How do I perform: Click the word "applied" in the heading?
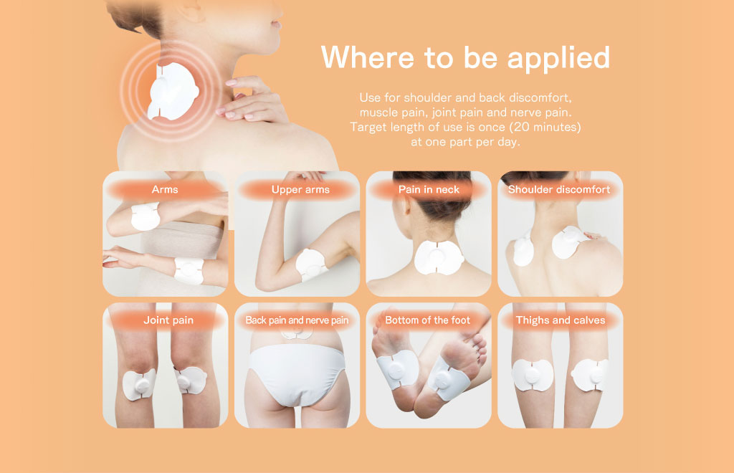pyautogui.click(x=558, y=59)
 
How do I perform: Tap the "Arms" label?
pyautogui.click(x=165, y=189)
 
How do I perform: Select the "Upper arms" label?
pyautogui.click(x=300, y=189)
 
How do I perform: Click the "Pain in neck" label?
pyautogui.click(x=429, y=189)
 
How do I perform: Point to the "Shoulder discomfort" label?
pyautogui.click(x=559, y=189)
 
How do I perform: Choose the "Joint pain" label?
pyautogui.click(x=168, y=320)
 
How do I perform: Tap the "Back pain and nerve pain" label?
pyautogui.click(x=297, y=320)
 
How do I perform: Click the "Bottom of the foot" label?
pyautogui.click(x=427, y=320)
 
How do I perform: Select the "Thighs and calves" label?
pyautogui.click(x=561, y=320)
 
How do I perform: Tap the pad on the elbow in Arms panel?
pyautogui.click(x=145, y=216)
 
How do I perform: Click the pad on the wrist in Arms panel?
pyautogui.click(x=189, y=270)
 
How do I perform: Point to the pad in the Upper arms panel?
pyautogui.click(x=312, y=264)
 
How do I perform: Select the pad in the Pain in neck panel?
pyautogui.click(x=438, y=257)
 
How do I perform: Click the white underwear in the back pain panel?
pyautogui.click(x=297, y=372)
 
